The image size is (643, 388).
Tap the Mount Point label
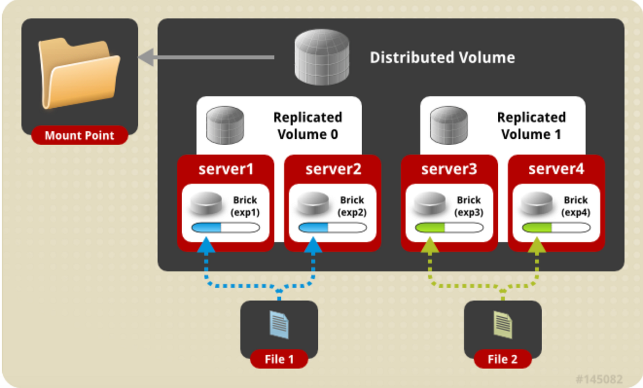(x=79, y=135)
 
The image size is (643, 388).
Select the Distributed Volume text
(x=442, y=58)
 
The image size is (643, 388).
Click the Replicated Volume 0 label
(x=308, y=125)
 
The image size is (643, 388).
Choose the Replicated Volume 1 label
(x=531, y=125)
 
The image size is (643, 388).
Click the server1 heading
(x=226, y=169)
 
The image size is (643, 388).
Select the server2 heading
(x=333, y=169)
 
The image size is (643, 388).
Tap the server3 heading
(x=449, y=169)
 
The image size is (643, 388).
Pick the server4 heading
(x=556, y=169)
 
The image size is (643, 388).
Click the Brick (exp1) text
(x=245, y=206)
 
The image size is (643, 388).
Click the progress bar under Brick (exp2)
(x=332, y=228)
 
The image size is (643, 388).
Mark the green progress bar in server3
(x=449, y=228)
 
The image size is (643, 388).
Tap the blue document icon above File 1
(x=279, y=325)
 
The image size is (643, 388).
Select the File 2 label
(x=503, y=359)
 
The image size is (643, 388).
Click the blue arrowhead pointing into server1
(x=206, y=245)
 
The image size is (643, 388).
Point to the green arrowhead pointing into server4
(x=537, y=245)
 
